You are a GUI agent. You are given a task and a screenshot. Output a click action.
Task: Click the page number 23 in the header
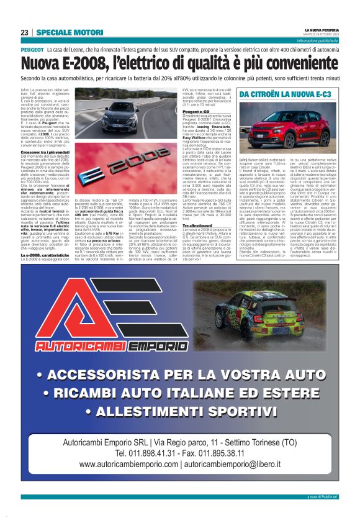point(25,32)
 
